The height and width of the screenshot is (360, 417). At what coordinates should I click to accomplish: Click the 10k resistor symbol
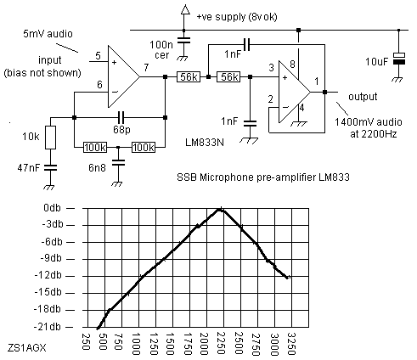[50, 138]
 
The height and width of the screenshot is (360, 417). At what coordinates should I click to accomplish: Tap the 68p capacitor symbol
[121, 117]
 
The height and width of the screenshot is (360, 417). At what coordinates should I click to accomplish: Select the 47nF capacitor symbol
[50, 167]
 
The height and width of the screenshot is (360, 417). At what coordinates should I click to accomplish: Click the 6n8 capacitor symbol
[118, 162]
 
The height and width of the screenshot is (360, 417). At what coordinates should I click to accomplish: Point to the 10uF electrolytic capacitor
[399, 59]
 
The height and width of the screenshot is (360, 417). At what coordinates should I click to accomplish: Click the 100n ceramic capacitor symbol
[183, 40]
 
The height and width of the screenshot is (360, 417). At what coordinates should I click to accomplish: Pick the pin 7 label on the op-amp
[146, 68]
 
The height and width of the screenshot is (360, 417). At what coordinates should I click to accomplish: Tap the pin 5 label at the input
[98, 55]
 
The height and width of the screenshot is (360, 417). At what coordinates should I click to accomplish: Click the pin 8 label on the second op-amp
[292, 65]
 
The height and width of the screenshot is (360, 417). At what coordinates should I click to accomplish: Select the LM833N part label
[205, 142]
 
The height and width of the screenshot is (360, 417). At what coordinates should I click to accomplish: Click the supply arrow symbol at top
[185, 9]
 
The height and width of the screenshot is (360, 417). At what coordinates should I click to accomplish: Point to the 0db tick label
[52, 208]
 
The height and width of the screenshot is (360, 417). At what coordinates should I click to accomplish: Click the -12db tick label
[48, 275]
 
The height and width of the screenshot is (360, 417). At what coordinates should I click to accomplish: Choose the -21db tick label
[48, 327]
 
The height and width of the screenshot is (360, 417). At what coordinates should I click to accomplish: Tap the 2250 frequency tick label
[221, 344]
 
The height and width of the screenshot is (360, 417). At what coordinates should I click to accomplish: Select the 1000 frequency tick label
[136, 344]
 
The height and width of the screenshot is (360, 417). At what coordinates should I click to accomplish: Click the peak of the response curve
[221, 209]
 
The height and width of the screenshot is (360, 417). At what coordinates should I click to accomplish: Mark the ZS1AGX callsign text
[26, 347]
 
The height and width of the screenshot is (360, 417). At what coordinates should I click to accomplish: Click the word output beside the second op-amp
[363, 97]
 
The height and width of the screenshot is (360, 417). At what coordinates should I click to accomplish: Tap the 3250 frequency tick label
[290, 344]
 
